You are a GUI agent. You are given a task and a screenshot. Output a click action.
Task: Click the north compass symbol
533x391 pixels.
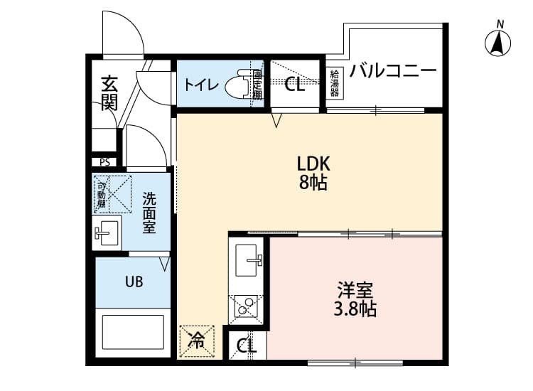click(500, 43)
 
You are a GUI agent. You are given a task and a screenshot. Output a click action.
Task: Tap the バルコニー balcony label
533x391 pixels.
click(393, 71)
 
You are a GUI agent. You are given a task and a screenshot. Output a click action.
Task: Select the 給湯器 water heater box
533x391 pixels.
click(335, 83)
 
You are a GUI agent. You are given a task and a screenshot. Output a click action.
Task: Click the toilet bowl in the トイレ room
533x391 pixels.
click(236, 85)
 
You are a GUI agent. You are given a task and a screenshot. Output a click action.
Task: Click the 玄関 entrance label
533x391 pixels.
click(109, 92)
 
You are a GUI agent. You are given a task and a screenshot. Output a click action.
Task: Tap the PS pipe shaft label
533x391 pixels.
click(105, 162)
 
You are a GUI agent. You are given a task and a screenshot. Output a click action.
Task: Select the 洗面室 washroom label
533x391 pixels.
click(149, 212)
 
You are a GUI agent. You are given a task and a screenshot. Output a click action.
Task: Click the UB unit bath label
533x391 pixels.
click(134, 282)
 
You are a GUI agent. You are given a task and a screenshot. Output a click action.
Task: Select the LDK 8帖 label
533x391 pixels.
click(312, 173)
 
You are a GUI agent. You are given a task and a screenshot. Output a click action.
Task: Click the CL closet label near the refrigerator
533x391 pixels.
click(247, 347)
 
